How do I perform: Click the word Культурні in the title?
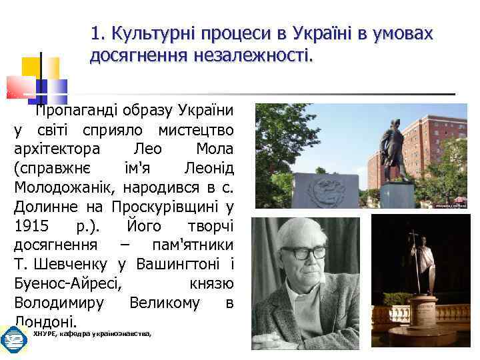[x=145, y=33]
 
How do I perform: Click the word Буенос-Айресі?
[x=67, y=283]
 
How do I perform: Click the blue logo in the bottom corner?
[x=13, y=339]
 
